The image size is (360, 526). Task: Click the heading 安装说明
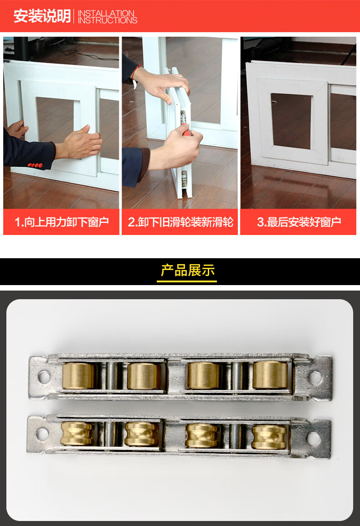42,16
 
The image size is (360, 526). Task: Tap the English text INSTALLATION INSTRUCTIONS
108,17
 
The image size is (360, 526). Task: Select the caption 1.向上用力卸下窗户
62,222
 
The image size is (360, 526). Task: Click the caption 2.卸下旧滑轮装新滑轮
180,222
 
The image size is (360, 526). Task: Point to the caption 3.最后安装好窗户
299,222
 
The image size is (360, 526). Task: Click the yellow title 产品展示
187,270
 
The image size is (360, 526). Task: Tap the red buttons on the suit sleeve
35,165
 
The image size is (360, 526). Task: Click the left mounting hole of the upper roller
44,377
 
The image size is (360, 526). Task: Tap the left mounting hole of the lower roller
42,434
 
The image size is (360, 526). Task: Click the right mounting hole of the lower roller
314,438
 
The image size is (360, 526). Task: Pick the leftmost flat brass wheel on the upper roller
78,376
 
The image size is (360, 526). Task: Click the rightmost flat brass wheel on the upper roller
270,375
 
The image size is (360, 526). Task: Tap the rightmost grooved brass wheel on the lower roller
270,437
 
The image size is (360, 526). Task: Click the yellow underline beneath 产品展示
187,281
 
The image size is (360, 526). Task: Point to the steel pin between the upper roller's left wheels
111,376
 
